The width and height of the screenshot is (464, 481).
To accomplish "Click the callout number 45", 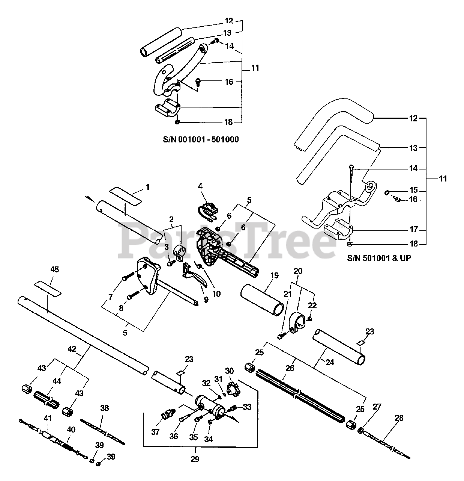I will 54,269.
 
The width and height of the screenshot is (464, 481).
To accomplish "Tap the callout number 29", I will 195,458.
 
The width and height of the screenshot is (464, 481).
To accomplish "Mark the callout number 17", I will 413,230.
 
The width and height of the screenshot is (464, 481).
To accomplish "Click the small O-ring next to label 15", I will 387,193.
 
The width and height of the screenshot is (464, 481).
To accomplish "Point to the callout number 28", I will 399,417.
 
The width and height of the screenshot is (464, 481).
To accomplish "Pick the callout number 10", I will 216,294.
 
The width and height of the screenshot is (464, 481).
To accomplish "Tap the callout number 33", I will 247,407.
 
